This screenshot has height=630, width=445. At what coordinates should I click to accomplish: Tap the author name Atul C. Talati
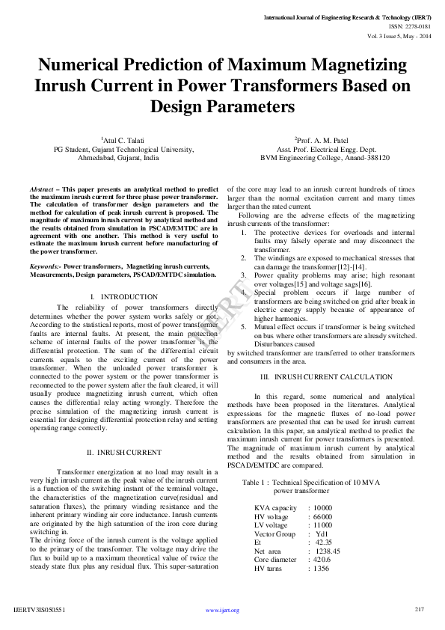click(123, 140)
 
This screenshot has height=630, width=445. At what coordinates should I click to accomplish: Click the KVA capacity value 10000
click(322, 508)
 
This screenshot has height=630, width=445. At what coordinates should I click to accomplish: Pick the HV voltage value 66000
click(322, 517)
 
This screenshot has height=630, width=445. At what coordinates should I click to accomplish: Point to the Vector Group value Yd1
click(321, 534)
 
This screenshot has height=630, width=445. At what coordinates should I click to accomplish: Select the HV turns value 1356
click(321, 569)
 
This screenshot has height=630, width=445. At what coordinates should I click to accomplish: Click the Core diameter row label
click(275, 560)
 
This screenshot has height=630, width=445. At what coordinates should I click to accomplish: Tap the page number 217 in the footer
click(420, 610)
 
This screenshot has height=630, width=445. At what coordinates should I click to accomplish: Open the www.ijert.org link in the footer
click(222, 611)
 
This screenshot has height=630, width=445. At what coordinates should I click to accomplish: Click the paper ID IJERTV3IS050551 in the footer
click(40, 611)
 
